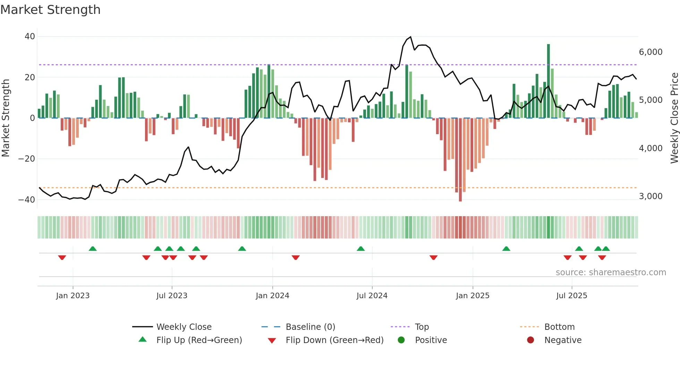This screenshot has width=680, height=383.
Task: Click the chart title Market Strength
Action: coord(50,10)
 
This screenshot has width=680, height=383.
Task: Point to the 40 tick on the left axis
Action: coord(30,36)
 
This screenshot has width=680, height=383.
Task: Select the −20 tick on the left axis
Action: coord(27,159)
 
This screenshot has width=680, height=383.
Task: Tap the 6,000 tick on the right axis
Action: coord(651,52)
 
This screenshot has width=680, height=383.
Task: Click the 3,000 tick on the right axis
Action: coord(651,196)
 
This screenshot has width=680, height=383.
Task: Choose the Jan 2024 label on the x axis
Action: coord(272,296)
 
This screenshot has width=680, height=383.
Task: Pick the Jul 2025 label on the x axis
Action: coord(571,296)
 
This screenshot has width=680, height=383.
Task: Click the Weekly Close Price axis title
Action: coord(674,118)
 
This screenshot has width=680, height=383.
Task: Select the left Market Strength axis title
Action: coord(6,118)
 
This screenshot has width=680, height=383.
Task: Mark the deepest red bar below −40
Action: coord(460,160)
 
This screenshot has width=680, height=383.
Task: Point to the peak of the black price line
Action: coord(411,37)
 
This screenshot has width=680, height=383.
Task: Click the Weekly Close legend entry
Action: coord(184,327)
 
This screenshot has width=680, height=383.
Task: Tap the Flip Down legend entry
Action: coord(334,340)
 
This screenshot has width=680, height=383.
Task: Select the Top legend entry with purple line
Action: coord(422,327)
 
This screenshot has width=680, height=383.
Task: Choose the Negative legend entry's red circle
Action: coord(530,340)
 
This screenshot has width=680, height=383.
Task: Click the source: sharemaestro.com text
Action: coord(611,272)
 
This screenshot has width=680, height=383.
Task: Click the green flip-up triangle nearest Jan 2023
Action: coord(93,249)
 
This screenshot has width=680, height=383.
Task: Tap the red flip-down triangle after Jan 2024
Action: coord(296,258)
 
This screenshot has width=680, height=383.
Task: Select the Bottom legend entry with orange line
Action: coord(559,327)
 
